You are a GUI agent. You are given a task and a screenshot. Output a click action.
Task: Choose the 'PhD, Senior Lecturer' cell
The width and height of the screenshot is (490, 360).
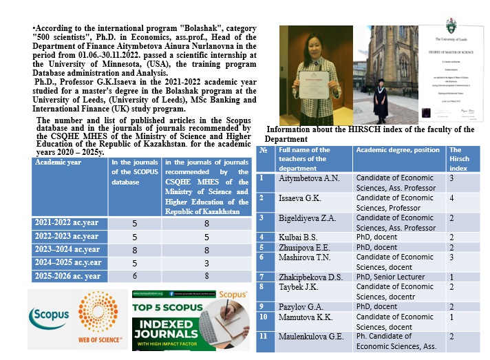tap(390, 277)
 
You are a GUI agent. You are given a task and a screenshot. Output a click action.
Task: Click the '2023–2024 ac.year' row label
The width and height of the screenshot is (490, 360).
tap(67, 249)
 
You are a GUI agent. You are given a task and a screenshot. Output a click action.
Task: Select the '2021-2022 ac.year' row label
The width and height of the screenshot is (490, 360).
tap(67, 223)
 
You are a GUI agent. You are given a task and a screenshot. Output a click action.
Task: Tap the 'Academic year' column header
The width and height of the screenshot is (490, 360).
tap(62, 163)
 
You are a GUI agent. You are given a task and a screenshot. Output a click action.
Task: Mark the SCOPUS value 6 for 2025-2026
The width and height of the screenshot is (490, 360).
tap(136, 276)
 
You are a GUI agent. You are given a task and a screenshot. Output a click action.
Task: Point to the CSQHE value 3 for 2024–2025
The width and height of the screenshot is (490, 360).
tap(206, 262)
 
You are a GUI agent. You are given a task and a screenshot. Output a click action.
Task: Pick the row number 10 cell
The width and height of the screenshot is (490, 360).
tap(264, 317)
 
